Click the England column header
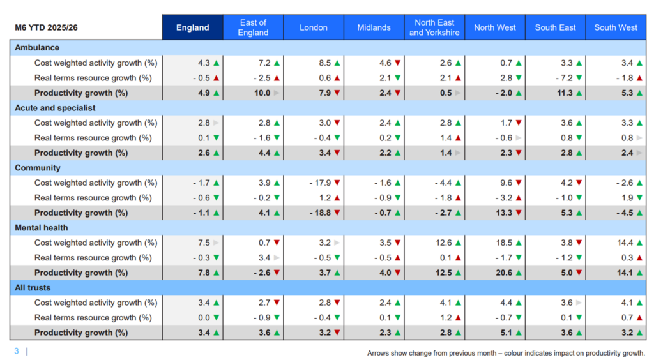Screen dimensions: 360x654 [x=192, y=27]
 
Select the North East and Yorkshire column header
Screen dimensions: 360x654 [x=434, y=27]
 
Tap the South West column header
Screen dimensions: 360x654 [x=616, y=27]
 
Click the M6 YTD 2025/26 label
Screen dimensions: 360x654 [x=47, y=28]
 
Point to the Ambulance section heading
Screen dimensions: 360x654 [x=37, y=48]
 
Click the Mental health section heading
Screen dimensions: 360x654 [x=42, y=228]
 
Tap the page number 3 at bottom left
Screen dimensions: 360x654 [x=17, y=351]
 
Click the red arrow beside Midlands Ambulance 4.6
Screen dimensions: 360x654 [x=397, y=63]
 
